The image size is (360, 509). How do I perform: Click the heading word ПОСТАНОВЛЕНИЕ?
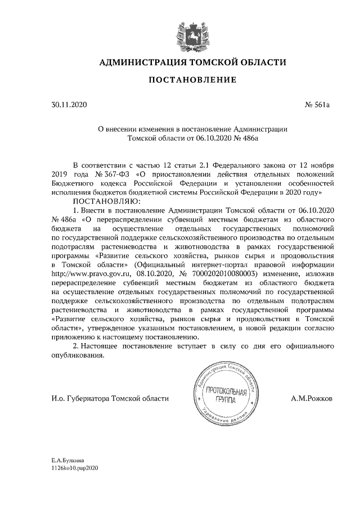(x=192, y=80)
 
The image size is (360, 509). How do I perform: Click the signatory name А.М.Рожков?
(x=312, y=398)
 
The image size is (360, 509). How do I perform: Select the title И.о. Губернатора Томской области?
(x=109, y=398)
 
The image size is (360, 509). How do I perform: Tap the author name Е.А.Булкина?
(x=67, y=460)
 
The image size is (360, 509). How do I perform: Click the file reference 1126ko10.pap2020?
(x=74, y=468)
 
